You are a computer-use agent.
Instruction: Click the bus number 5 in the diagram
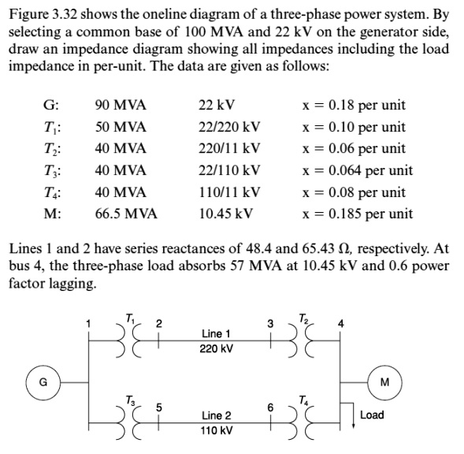coord(158,407)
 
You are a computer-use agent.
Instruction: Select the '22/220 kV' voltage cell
coord(230,127)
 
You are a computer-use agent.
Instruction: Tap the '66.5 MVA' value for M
coord(125,214)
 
